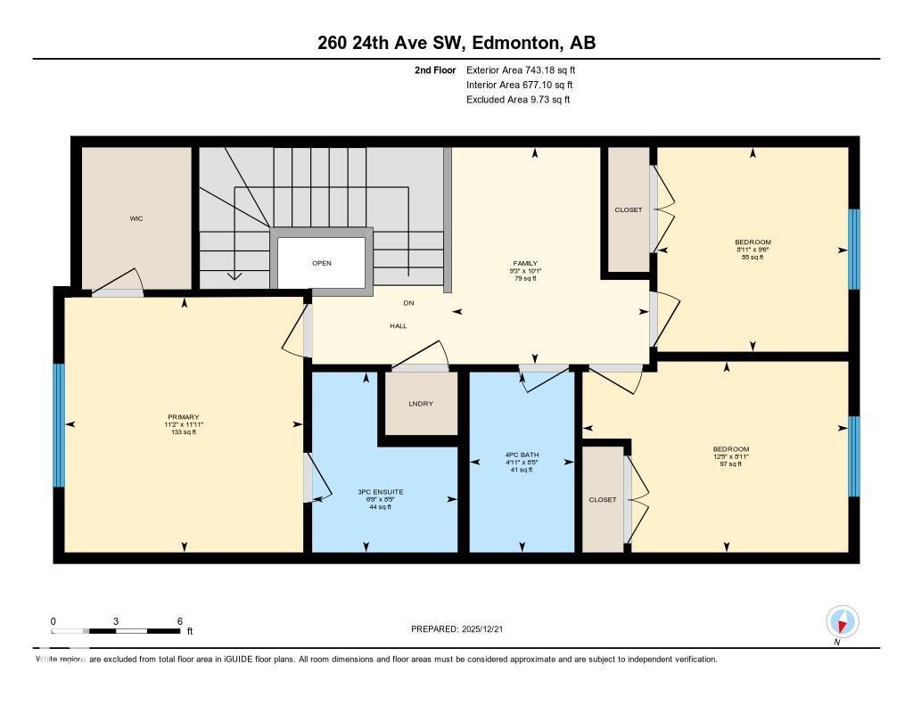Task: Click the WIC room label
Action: (x=136, y=218)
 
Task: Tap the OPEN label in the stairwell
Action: (x=322, y=263)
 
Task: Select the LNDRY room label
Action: (x=420, y=404)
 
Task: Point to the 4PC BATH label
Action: (x=522, y=455)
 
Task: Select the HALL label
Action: (x=398, y=325)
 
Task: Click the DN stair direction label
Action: (x=408, y=303)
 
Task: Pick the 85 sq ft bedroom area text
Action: (x=753, y=258)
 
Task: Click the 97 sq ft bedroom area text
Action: (x=730, y=464)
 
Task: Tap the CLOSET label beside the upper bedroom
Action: (x=628, y=210)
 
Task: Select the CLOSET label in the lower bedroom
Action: (x=602, y=499)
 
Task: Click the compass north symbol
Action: (x=842, y=621)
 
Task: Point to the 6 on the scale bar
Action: (x=179, y=621)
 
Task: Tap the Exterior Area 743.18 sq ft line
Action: (x=526, y=70)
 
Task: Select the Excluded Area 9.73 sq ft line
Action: (x=518, y=100)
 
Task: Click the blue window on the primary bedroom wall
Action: (x=59, y=425)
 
